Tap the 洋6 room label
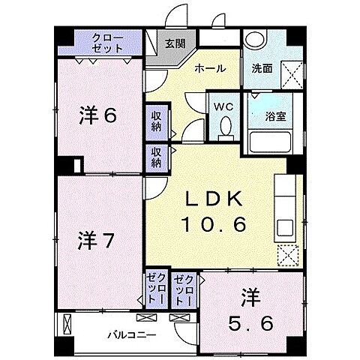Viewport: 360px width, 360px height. click(98, 115)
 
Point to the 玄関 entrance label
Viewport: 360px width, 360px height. click(174, 43)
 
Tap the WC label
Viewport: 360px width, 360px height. click(224, 106)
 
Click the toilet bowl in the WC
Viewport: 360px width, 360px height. click(224, 129)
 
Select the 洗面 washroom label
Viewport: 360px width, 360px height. click(262, 67)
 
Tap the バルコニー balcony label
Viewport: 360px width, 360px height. click(131, 334)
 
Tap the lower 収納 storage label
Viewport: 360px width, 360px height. click(156, 157)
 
